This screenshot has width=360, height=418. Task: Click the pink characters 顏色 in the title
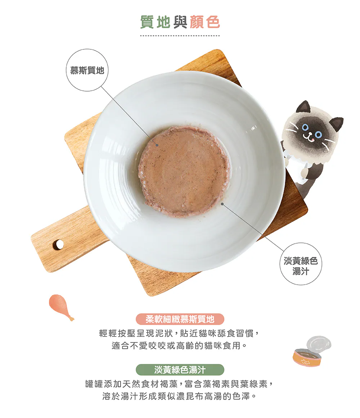[x=205, y=22]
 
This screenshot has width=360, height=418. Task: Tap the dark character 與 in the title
[x=180, y=22]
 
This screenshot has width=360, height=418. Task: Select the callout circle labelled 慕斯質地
[x=87, y=70]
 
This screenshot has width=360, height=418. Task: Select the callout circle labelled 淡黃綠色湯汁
[x=301, y=264]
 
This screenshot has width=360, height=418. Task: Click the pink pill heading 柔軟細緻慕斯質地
[x=180, y=319]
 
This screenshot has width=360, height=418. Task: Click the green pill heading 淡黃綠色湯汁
[x=180, y=370]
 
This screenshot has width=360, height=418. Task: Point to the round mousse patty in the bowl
[x=184, y=171]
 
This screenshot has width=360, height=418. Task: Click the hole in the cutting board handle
[x=58, y=244]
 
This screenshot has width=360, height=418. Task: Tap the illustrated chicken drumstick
[x=61, y=307]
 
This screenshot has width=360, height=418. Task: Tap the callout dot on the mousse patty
[x=157, y=145]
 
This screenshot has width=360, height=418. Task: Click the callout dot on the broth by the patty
[x=222, y=204]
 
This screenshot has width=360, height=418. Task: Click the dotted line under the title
[x=180, y=35]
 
